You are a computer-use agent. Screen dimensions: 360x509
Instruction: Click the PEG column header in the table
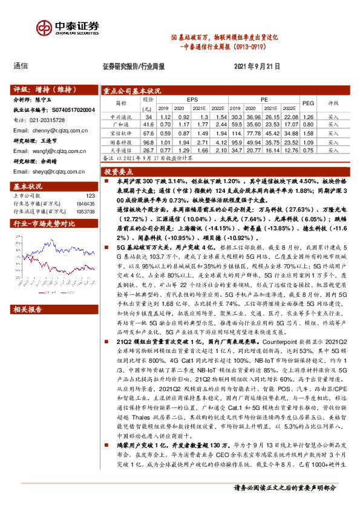(308, 103)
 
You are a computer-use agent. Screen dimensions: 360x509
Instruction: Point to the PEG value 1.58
(308, 132)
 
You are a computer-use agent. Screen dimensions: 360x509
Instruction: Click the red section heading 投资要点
(118, 172)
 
